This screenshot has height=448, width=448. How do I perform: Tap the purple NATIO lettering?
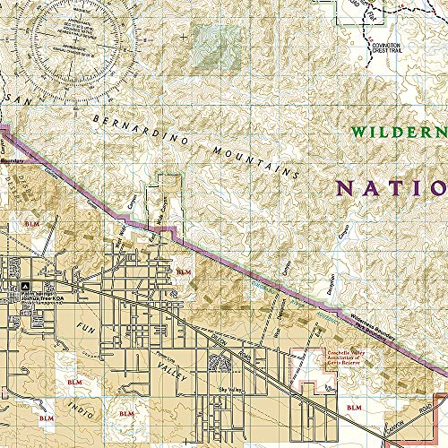point(391,188)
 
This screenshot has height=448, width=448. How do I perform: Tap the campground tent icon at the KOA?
point(13,286)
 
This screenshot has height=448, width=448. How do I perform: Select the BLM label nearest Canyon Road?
point(353,408)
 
